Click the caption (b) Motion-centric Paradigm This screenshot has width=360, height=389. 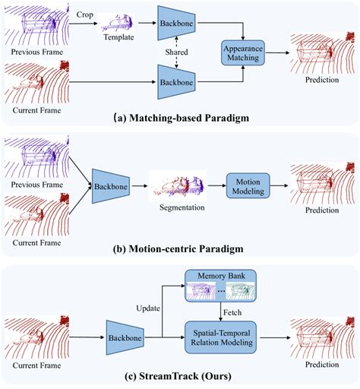point(180,247)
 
